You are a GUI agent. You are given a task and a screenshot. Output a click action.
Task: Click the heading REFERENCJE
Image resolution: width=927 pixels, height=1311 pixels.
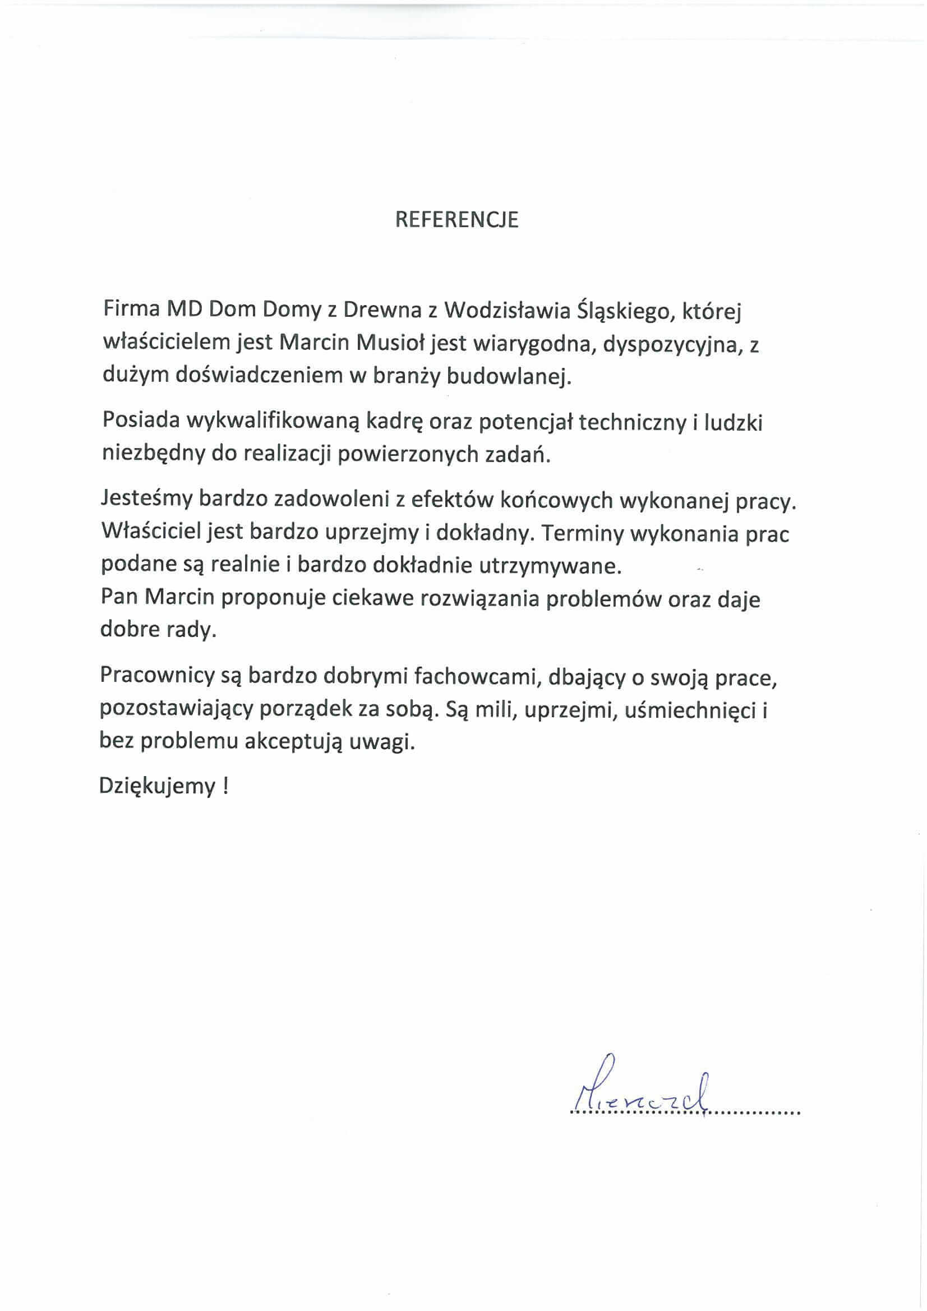click(x=457, y=220)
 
